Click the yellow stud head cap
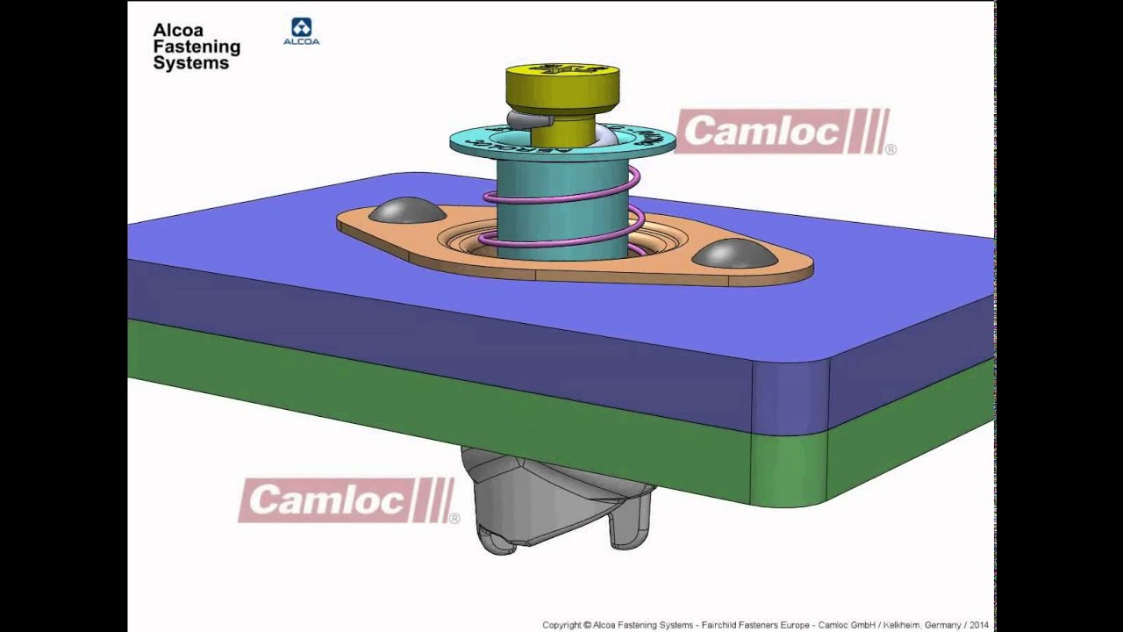point(561,86)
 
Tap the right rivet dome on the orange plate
point(734,254)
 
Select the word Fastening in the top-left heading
point(197,47)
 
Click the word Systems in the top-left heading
point(190,63)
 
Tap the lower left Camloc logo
point(347,500)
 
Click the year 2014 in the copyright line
point(979,625)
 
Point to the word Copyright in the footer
point(561,625)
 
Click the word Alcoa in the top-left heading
point(177,31)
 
